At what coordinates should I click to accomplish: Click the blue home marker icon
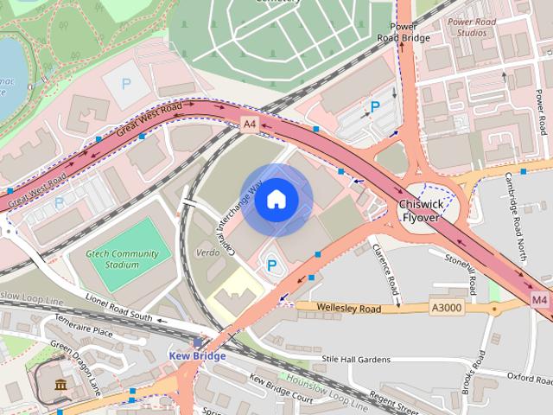point(276,200)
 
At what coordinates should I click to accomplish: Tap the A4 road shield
point(250,124)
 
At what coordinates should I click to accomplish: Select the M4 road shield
point(540,299)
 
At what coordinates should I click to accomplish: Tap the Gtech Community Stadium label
point(122,259)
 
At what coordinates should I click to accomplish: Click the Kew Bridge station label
point(197,355)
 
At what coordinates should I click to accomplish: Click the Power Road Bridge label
point(404,31)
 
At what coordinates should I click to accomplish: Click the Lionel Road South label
point(118,308)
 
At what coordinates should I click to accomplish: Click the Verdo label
point(207,253)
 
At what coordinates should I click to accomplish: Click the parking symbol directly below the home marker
point(270,264)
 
